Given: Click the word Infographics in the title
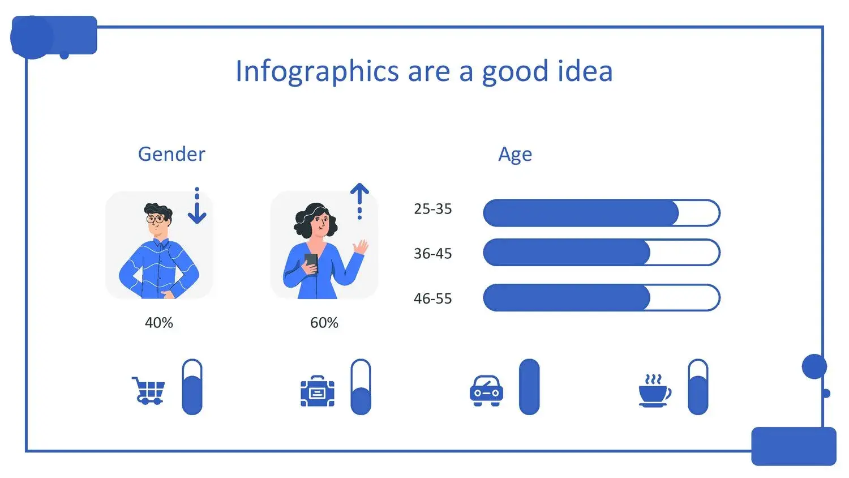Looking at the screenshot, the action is pos(317,71).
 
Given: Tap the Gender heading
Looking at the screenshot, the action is pos(171,154).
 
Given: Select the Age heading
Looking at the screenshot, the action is pos(515,155).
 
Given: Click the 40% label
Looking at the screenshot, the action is pos(159,323).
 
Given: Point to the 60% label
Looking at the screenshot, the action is pos(324,323).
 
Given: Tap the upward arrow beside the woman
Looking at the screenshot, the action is pos(359,202).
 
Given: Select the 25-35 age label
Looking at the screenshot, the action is pos(433,209).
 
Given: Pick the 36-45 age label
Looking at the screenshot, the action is pos(433,254).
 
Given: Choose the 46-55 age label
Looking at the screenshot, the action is pos(433,299).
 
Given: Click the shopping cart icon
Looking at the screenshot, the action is pos(148,391).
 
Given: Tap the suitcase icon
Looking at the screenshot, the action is pos(318,391).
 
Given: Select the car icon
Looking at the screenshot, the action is pos(486,391).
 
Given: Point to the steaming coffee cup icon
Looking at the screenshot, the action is pos(655,391).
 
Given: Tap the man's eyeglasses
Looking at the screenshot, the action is pos(156,219).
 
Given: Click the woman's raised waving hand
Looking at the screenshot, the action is pos(361,247).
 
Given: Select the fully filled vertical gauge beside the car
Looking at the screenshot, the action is pos(529,387).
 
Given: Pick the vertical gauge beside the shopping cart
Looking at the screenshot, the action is pos(192,387).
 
